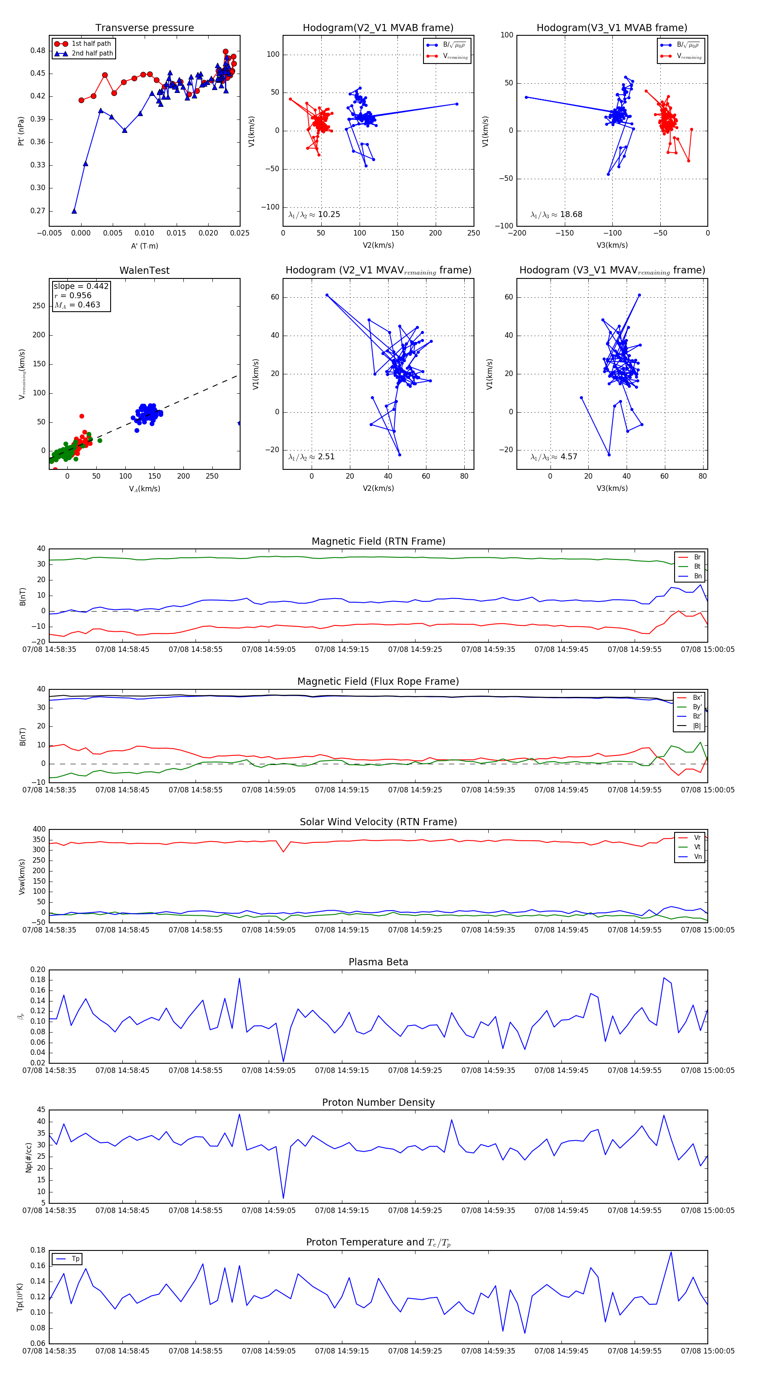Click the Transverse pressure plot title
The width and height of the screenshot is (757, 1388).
point(144,28)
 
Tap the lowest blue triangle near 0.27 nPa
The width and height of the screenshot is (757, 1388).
point(74,211)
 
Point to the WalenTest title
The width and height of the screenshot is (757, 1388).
point(144,270)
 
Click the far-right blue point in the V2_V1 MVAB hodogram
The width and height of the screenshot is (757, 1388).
point(457,104)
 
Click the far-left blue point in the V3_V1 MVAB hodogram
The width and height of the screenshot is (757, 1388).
point(527,98)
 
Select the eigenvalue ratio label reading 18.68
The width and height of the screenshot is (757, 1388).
point(556,215)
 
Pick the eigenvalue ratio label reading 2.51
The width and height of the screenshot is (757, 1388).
point(311,457)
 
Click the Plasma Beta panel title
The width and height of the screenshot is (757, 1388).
point(378,962)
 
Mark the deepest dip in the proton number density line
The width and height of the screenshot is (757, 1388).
point(283,1198)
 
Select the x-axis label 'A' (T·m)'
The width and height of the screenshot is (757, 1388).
point(144,246)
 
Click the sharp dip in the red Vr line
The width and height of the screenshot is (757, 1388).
point(283,852)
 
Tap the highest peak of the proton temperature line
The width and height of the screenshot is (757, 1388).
point(671,1252)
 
